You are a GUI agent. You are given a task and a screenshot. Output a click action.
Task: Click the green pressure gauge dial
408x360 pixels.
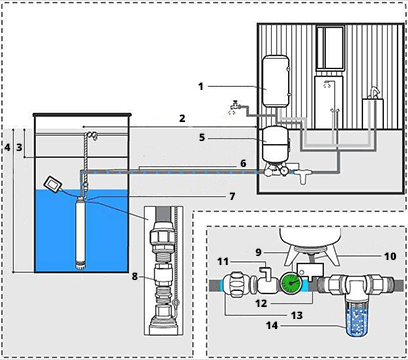290,283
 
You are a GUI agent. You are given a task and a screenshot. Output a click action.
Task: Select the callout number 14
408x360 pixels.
272,325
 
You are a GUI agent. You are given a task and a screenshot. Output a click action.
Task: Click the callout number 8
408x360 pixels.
134,276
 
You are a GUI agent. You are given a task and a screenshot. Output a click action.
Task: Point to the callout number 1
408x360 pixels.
201,87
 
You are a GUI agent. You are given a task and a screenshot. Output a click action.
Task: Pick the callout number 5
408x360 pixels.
202,137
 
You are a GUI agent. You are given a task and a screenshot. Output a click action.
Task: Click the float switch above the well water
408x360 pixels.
53,184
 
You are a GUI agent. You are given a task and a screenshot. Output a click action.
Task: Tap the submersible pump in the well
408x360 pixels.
81,233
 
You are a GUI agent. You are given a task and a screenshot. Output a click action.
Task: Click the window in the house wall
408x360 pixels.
330,48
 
